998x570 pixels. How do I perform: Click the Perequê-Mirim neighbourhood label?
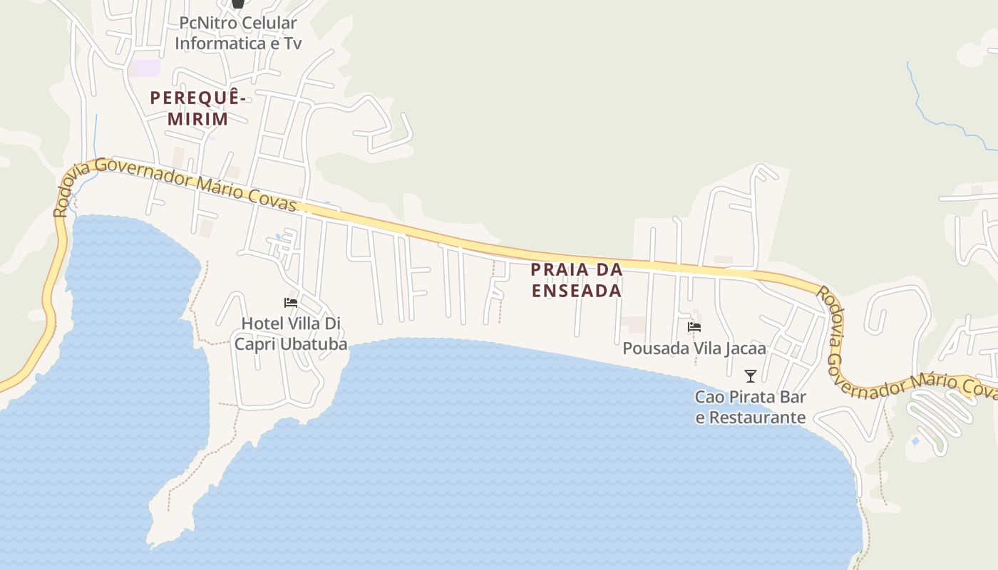click(197, 108)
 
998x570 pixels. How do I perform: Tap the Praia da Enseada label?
click(577, 280)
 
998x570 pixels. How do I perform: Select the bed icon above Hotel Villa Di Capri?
click(290, 303)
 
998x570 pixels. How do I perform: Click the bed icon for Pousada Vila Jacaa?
click(694, 328)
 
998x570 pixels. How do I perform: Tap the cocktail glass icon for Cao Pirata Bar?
click(750, 376)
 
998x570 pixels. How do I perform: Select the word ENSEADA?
click(577, 291)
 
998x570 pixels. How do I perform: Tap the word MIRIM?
click(198, 119)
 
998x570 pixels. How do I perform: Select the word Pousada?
click(652, 348)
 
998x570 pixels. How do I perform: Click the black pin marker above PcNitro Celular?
click(238, 3)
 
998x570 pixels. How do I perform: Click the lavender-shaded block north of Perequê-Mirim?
click(145, 68)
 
